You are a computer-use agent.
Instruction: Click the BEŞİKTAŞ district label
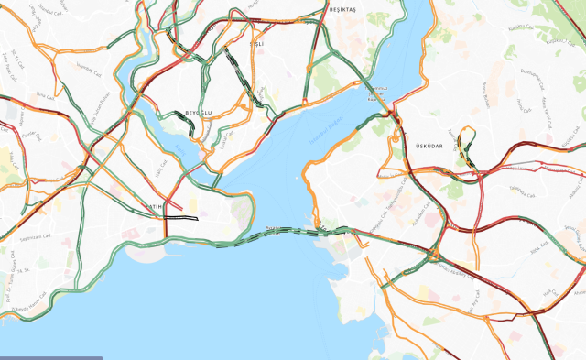point(342,9)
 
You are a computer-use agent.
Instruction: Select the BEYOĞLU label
point(199,112)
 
